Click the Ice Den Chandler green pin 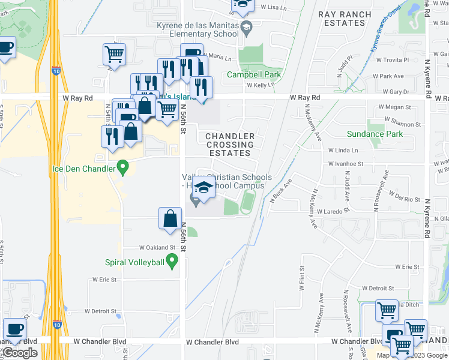pyautogui.click(x=123, y=167)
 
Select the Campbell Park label pyautogui.click(x=254, y=76)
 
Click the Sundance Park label pyautogui.click(x=375, y=134)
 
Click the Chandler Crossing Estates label pyautogui.click(x=230, y=145)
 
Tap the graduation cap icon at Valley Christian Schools pyautogui.click(x=204, y=187)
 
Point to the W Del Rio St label pyautogui.click(x=404, y=199)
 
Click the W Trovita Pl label pyautogui.click(x=392, y=60)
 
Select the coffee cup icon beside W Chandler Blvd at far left pyautogui.click(x=14, y=329)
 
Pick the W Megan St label pyautogui.click(x=394, y=107)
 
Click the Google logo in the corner pyautogui.click(x=20, y=353)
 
